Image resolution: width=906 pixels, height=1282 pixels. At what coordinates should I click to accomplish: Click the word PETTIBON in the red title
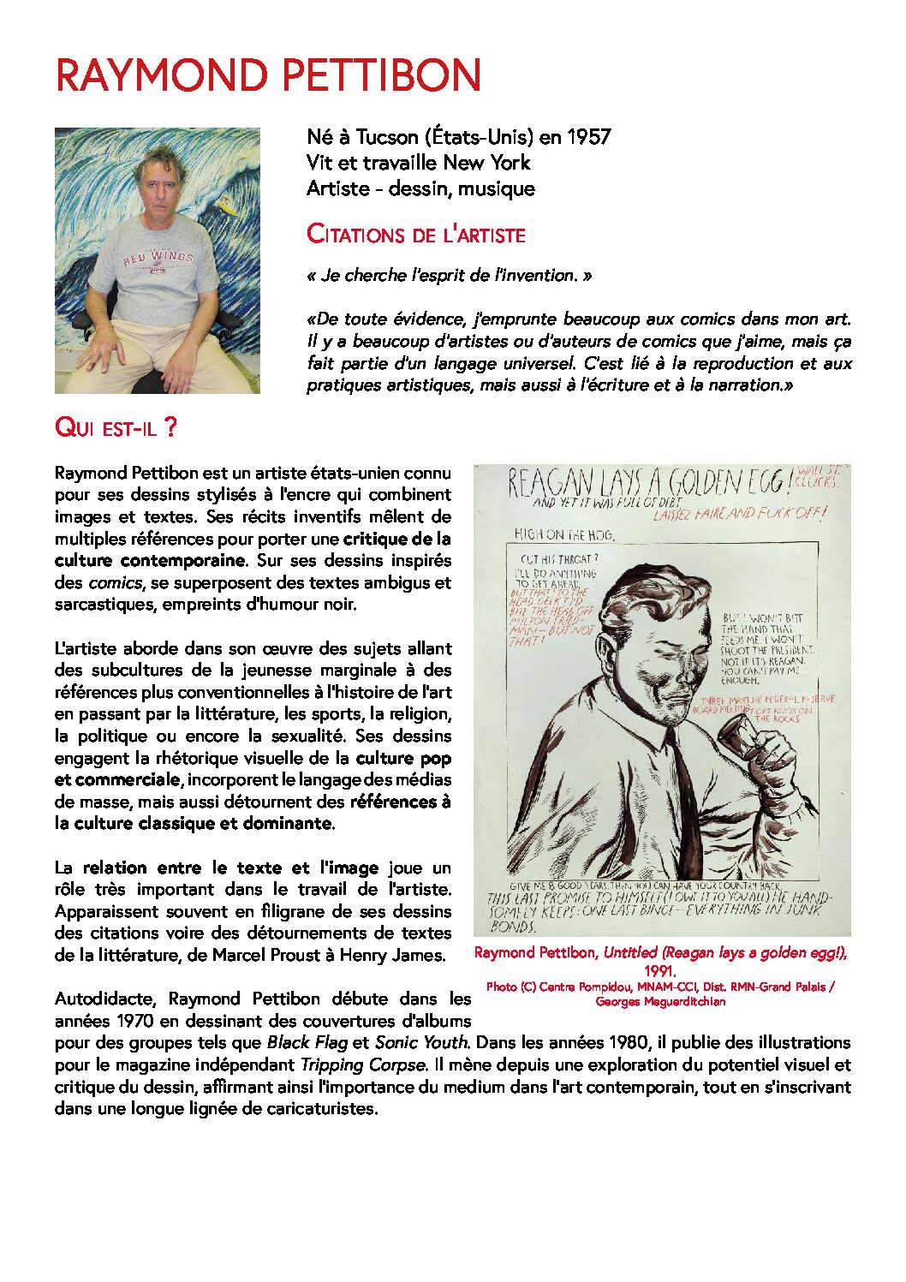point(382,75)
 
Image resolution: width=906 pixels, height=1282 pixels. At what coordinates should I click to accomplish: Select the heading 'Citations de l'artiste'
point(415,234)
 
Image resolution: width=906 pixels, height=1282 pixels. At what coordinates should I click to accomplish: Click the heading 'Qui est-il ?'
point(116,426)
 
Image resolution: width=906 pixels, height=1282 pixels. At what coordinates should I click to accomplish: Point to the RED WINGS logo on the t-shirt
point(158,257)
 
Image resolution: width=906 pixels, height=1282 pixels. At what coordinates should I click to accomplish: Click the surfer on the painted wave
point(227,206)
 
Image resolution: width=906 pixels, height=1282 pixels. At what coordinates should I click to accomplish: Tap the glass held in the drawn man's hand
point(734,736)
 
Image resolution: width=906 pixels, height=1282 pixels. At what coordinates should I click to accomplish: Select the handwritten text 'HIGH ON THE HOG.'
point(563,534)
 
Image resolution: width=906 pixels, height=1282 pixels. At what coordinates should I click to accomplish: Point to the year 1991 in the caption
point(660,971)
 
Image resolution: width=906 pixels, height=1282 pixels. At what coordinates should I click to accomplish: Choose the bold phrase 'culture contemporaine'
point(150,561)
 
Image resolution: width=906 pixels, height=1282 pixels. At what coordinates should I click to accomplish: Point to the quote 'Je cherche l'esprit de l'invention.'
point(449,276)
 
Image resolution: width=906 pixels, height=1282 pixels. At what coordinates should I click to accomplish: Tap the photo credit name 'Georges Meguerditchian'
point(660,1001)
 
